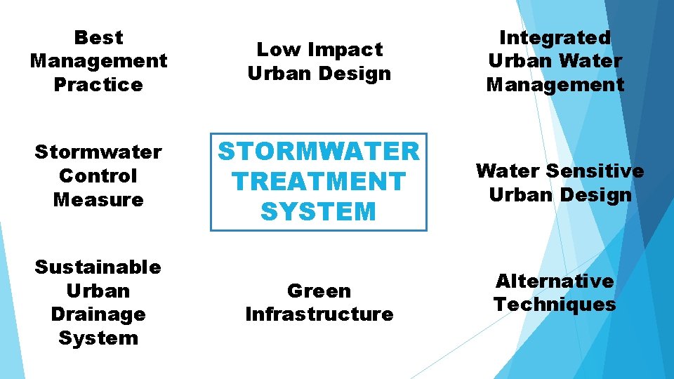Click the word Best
[x=98, y=37]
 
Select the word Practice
[x=98, y=84]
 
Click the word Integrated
[x=555, y=37]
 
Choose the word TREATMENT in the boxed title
[x=319, y=181]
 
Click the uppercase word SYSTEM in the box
[x=319, y=212]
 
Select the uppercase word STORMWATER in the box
[x=319, y=151]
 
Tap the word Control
[x=98, y=175]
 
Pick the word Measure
[x=98, y=199]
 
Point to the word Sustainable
[x=98, y=267]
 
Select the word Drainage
[x=98, y=314]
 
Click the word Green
[x=319, y=291]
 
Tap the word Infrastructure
[x=319, y=314]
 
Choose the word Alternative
[x=555, y=281]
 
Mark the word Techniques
[x=555, y=304]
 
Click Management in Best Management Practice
[x=98, y=61]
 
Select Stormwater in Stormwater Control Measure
[x=98, y=152]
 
